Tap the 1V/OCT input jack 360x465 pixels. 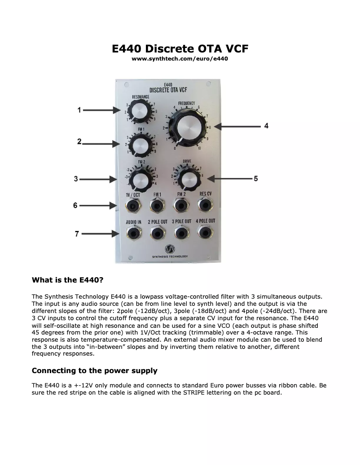[133, 206]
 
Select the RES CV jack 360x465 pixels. [206, 205]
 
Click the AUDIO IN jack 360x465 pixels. [133, 233]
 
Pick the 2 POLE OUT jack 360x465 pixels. [157, 233]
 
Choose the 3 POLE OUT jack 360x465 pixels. [181, 233]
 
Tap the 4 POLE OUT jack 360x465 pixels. [206, 233]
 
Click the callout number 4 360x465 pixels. [266, 126]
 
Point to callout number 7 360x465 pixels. [77, 234]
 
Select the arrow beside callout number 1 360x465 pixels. [100, 110]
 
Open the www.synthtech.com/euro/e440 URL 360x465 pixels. [180, 59]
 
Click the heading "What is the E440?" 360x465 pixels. [67, 280]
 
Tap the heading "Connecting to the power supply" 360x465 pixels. [94, 371]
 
